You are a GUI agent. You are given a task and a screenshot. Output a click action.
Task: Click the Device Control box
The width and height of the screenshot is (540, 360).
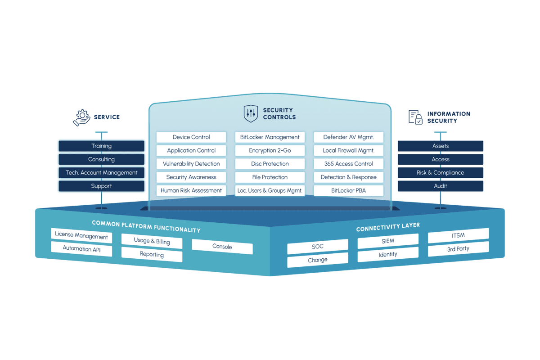191,137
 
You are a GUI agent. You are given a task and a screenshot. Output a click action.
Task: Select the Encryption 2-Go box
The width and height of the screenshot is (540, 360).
270,150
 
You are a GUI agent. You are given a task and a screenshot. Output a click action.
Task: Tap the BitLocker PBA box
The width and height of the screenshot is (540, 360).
349,190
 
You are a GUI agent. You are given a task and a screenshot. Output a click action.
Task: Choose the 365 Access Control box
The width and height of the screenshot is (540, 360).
349,164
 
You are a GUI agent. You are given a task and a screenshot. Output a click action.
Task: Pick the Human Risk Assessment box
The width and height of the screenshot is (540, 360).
191,190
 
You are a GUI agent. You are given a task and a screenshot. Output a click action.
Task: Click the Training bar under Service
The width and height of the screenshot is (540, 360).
102,146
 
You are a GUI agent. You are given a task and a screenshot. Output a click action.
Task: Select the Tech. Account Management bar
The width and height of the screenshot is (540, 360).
102,173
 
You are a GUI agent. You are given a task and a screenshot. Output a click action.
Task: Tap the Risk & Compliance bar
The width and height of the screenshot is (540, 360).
441,173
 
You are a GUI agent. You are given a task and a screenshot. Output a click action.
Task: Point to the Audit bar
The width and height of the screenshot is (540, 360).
441,186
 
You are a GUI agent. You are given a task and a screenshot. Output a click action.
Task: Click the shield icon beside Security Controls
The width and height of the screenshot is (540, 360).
251,113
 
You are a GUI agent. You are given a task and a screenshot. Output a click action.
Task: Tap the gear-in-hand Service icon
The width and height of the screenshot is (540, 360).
82,117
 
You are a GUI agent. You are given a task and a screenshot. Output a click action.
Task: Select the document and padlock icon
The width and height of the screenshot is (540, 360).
415,117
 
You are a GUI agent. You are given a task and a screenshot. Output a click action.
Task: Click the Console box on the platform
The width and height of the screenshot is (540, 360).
222,247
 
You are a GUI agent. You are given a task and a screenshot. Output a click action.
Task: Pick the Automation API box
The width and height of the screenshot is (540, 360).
81,249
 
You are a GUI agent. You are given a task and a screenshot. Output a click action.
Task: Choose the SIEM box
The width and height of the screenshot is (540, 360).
388,241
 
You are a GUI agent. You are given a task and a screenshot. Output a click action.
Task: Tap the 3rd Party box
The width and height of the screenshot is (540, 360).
458,249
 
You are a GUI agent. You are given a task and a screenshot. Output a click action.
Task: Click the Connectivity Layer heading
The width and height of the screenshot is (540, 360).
388,227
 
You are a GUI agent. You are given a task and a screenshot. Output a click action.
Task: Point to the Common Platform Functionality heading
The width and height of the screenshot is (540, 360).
146,227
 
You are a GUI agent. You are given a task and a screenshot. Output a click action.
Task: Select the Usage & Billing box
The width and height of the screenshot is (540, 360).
152,241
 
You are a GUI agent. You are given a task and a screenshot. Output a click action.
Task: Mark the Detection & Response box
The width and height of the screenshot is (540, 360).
349,177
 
